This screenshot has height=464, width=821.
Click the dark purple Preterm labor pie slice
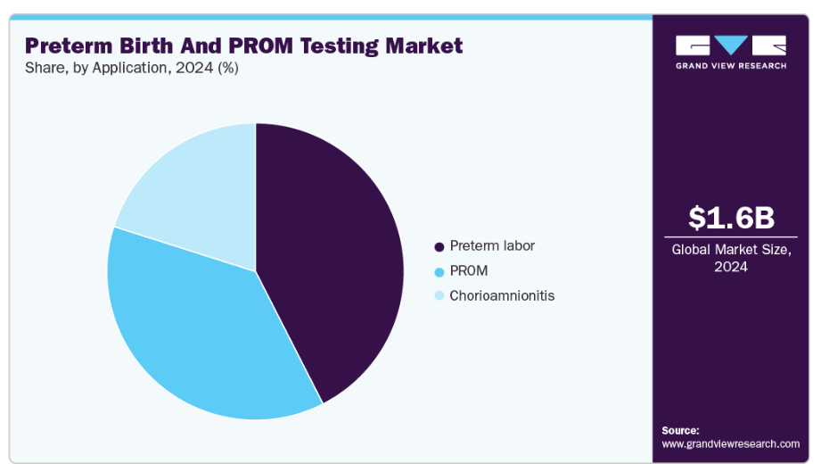point(330,259)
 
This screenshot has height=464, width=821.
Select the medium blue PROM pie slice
point(196,330)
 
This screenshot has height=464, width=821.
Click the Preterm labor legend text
point(492,245)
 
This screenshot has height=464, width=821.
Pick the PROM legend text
point(469,270)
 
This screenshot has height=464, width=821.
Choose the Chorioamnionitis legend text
point(502,295)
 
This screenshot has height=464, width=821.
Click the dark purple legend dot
point(439,246)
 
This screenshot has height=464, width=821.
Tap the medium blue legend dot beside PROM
point(439,271)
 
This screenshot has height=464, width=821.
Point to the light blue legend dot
point(439,296)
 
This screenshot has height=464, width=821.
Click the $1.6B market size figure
point(731,217)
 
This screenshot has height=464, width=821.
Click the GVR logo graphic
point(731,46)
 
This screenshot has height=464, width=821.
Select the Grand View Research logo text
point(731,66)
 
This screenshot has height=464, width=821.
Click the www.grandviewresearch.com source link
point(730,443)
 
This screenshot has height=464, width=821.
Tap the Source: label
point(680,430)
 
